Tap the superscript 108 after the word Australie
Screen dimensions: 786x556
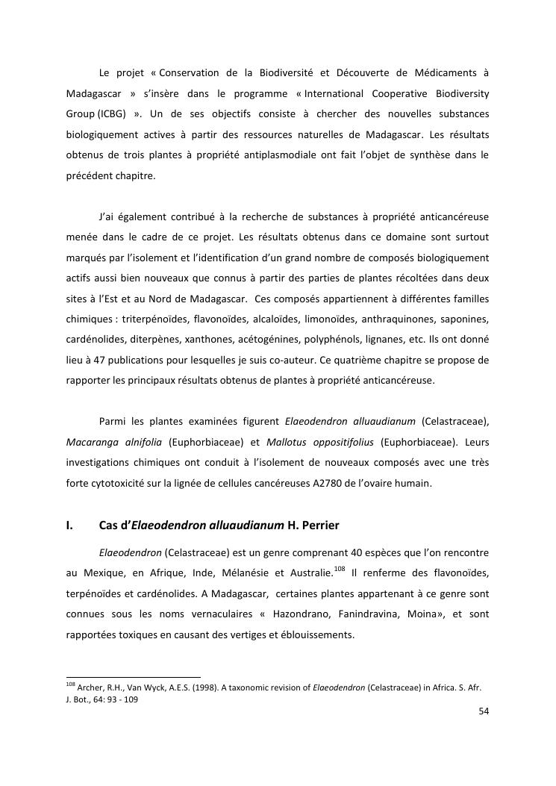click(x=340, y=569)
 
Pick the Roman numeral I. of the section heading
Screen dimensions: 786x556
click(x=70, y=525)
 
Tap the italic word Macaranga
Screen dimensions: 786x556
click(x=91, y=443)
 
